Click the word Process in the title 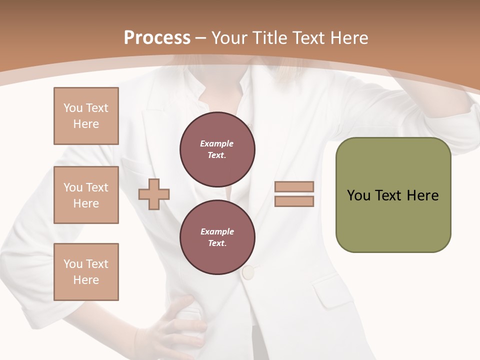click(x=157, y=38)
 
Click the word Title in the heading click(x=270, y=38)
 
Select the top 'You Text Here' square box click(x=86, y=116)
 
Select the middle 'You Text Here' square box click(x=86, y=195)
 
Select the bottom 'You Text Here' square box click(x=86, y=272)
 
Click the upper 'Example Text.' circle click(x=217, y=149)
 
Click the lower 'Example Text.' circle click(x=217, y=237)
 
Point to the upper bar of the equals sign click(x=294, y=187)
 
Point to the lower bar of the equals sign click(x=294, y=201)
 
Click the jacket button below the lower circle click(x=248, y=272)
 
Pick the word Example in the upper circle click(x=217, y=143)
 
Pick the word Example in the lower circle click(x=217, y=231)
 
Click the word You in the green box click(x=358, y=195)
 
